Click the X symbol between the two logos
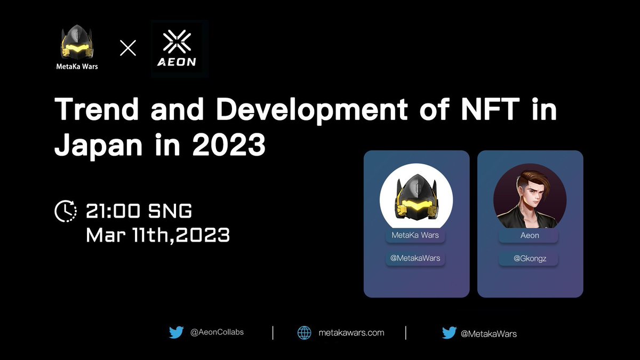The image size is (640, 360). pyautogui.click(x=128, y=48)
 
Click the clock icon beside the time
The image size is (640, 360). pyautogui.click(x=66, y=211)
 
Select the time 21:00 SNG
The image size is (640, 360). pyautogui.click(x=139, y=211)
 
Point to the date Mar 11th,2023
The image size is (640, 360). pyautogui.click(x=158, y=235)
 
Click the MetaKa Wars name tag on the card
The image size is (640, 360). pyautogui.click(x=415, y=235)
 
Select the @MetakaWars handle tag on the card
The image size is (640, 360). pyautogui.click(x=415, y=258)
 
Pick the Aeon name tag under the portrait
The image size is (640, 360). pyautogui.click(x=529, y=235)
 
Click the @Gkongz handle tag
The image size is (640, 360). pyautogui.click(x=529, y=258)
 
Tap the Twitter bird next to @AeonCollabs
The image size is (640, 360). pyautogui.click(x=177, y=332)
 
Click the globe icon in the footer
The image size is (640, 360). pyautogui.click(x=305, y=333)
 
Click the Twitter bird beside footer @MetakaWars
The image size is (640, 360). pyautogui.click(x=449, y=333)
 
